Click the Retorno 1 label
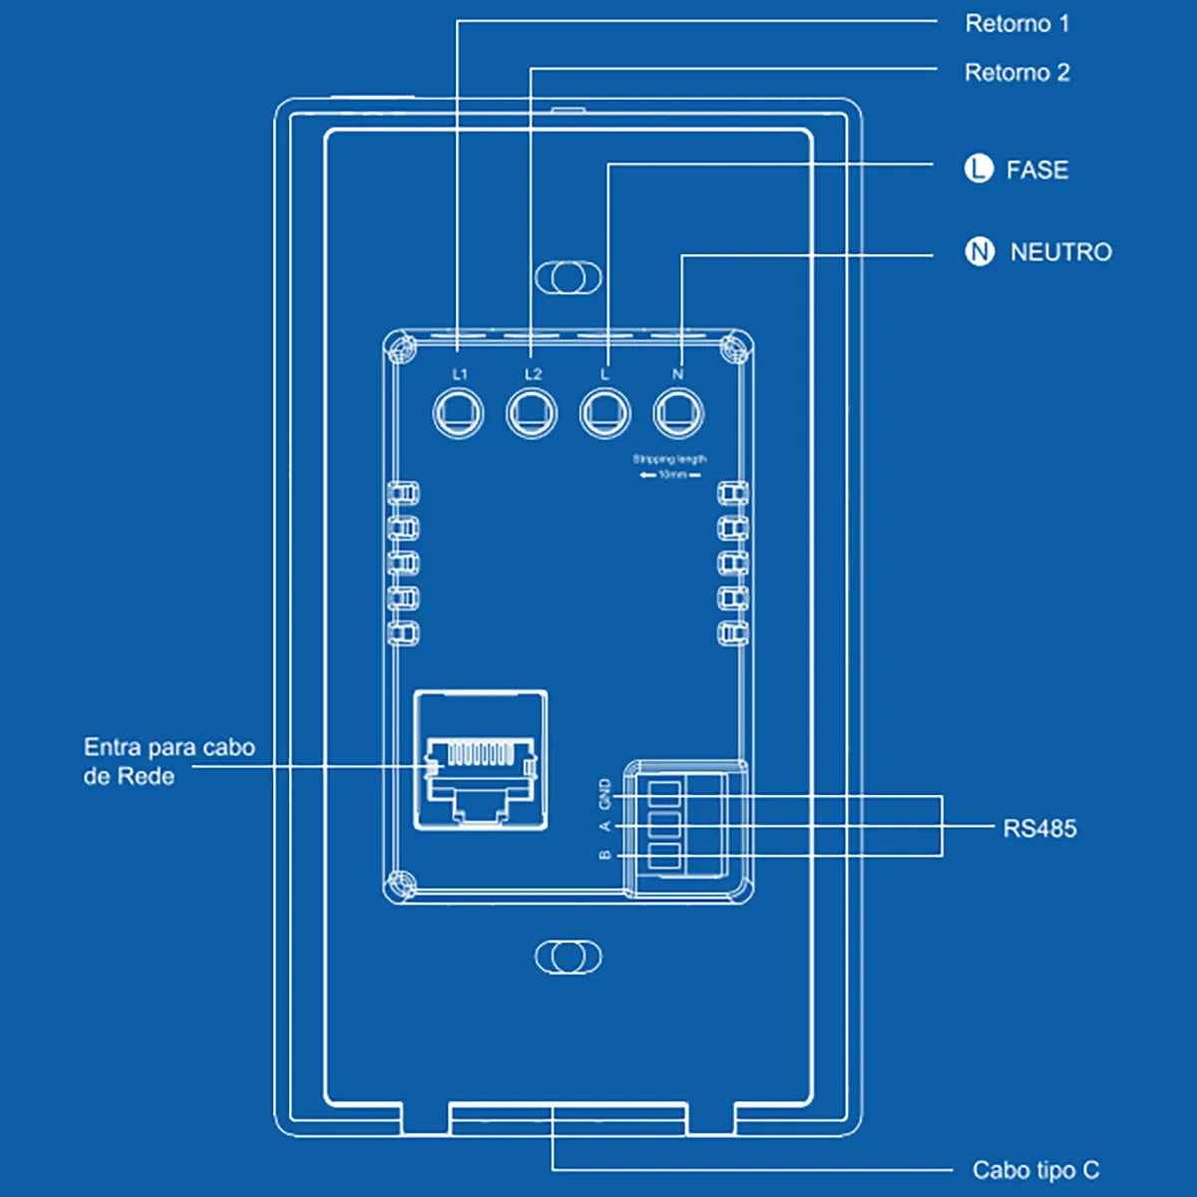[x=1016, y=24]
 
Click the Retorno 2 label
[x=1016, y=73]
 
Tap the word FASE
[x=1036, y=171]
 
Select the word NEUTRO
[x=1060, y=252]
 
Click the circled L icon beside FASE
[x=979, y=170]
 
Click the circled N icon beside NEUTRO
[x=980, y=251]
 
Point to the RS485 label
[x=1039, y=829]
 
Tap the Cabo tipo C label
[x=1035, y=1170]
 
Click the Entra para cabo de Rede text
[x=169, y=761]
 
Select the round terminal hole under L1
[x=459, y=412]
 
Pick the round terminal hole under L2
[x=532, y=412]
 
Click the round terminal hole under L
[x=605, y=412]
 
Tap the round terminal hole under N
[x=678, y=412]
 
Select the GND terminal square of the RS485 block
[x=664, y=793]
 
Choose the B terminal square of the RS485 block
[x=664, y=856]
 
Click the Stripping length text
[x=669, y=460]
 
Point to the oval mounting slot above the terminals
[x=569, y=277]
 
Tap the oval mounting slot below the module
[x=569, y=957]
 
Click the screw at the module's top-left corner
[x=403, y=348]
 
